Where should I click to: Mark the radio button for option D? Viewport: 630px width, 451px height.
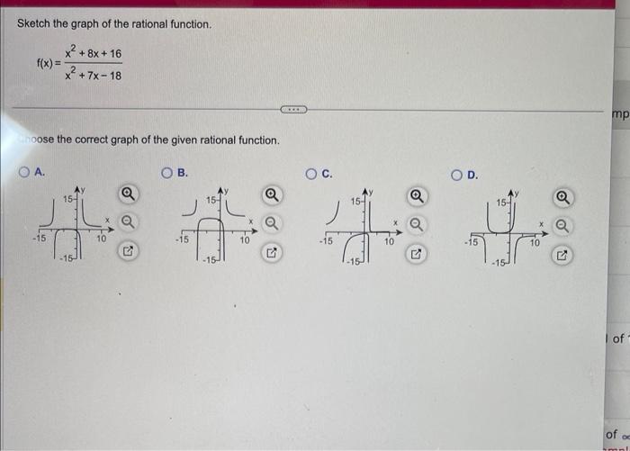458,173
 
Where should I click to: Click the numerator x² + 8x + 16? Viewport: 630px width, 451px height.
93,53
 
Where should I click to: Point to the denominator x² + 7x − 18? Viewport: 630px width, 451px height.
93,74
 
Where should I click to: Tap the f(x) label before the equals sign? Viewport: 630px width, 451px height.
45,64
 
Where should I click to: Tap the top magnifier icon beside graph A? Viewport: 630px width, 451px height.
128,193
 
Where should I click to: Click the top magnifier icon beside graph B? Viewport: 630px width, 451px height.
270,194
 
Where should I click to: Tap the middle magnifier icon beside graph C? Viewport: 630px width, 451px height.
415,223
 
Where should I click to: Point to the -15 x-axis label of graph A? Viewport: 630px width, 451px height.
40,239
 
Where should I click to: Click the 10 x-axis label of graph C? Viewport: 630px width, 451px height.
390,242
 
